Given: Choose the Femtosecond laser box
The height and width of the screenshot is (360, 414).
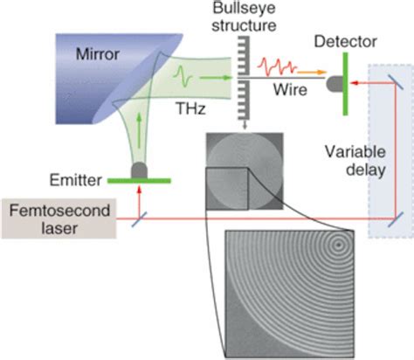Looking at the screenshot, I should (53, 220).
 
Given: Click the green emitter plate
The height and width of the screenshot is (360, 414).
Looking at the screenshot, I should (137, 180).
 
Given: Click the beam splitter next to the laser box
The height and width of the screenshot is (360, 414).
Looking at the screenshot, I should (138, 220).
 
